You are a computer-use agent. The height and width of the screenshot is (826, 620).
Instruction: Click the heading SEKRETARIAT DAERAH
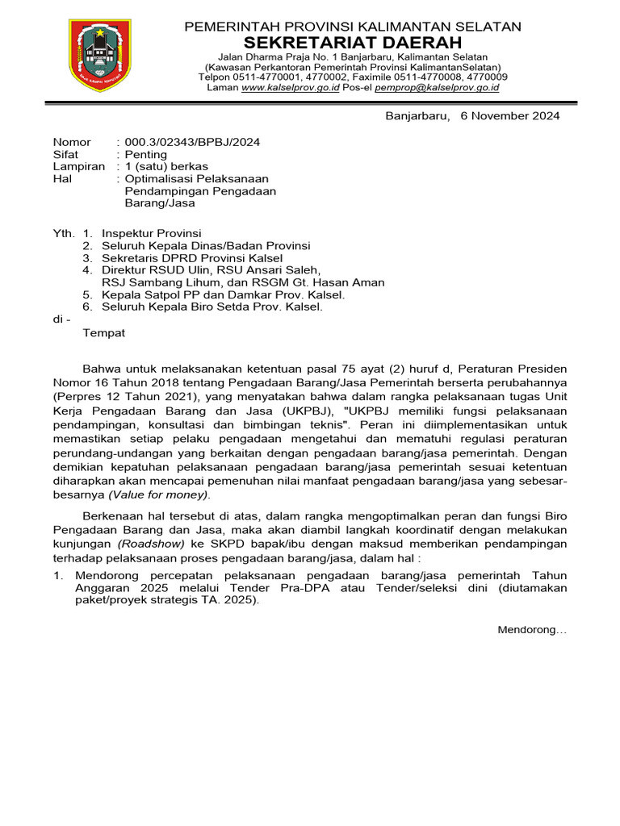click(x=353, y=43)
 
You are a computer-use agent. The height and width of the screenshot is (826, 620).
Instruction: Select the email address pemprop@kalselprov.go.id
click(x=437, y=87)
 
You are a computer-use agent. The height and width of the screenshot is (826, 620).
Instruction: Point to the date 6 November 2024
click(x=509, y=115)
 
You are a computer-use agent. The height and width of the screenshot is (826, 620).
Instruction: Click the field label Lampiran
click(x=79, y=166)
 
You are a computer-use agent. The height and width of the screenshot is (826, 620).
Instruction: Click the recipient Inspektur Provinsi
click(x=151, y=233)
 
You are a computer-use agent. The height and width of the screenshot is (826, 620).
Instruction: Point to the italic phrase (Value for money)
click(x=170, y=494)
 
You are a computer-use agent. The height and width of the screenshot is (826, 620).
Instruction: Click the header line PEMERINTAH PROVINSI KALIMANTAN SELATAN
click(x=353, y=27)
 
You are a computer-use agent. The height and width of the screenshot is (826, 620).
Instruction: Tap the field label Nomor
click(x=72, y=142)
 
